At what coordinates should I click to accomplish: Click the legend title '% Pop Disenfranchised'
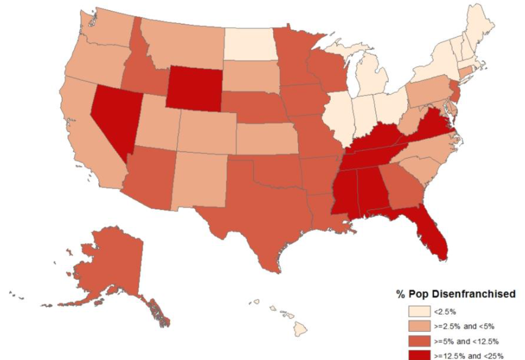pos(455,294)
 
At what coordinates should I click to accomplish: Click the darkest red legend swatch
pos(419,355)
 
